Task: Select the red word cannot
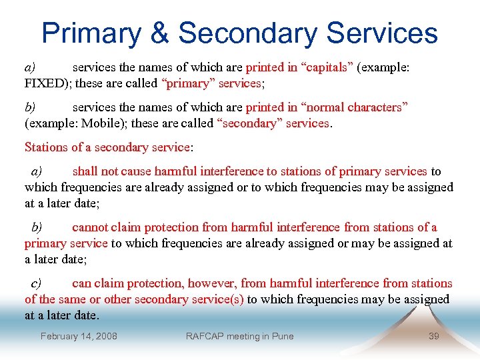[90, 227]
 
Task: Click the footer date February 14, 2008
[79, 336]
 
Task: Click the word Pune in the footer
[283, 336]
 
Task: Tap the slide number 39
[433, 336]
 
